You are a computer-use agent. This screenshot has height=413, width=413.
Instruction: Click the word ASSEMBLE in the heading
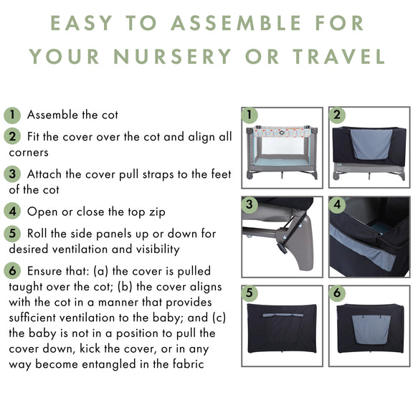(x=236, y=23)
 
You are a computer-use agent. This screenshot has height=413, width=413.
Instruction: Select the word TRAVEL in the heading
(x=338, y=57)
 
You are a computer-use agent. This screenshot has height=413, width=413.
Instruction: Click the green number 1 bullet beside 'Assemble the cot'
(x=12, y=115)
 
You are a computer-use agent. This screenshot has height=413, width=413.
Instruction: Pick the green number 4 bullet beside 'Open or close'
(x=12, y=212)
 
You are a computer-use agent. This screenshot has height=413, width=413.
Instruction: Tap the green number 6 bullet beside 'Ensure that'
(x=12, y=270)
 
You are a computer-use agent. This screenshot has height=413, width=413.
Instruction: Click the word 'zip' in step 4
(x=157, y=212)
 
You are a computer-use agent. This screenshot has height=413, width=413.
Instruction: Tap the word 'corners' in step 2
(x=29, y=153)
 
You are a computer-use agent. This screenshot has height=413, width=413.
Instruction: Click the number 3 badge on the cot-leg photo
(x=250, y=204)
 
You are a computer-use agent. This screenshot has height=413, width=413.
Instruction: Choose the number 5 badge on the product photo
(x=250, y=293)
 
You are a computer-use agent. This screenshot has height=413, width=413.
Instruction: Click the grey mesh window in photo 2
(x=371, y=144)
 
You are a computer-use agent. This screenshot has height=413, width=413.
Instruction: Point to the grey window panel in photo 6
(x=371, y=329)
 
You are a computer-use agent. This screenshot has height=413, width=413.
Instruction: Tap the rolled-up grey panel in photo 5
(x=283, y=315)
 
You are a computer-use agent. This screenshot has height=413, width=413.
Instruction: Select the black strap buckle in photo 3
(x=281, y=248)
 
